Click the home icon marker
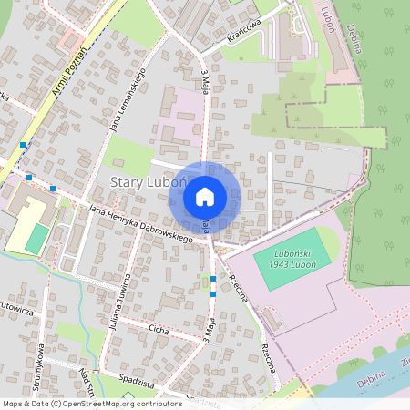click(x=205, y=196)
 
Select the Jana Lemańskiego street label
click(x=128, y=100)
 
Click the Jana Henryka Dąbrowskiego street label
click(x=142, y=224)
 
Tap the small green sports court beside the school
click(x=36, y=239)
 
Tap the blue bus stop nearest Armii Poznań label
click(x=22, y=145)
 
